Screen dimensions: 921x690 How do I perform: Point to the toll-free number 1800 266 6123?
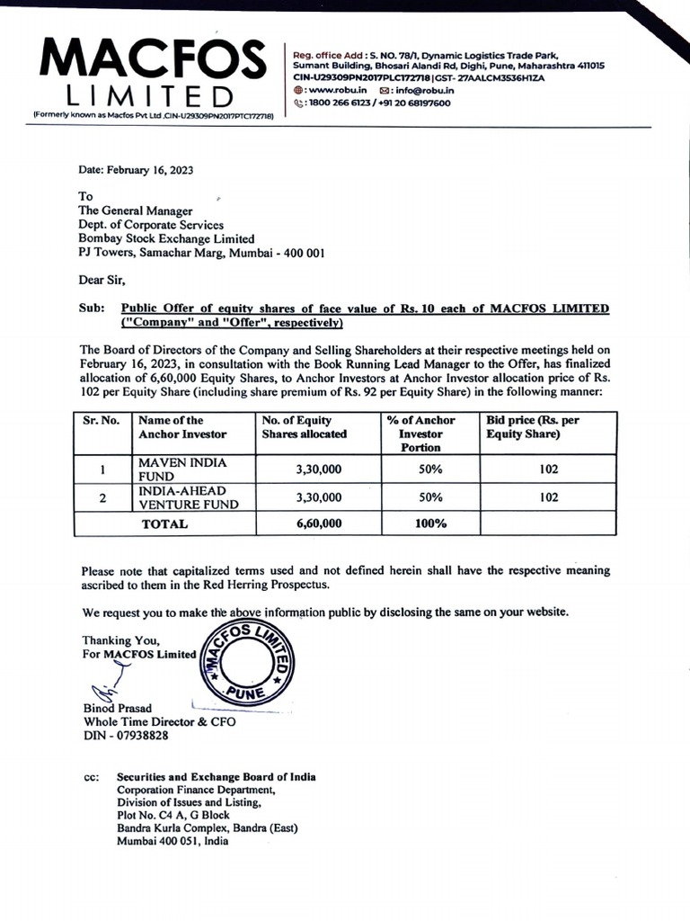[x=341, y=103]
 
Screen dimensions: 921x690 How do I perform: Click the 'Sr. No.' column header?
[x=102, y=420]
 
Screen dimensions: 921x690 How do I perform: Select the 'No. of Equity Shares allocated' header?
[x=304, y=427]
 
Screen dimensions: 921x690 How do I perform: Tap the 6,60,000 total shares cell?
[x=318, y=523]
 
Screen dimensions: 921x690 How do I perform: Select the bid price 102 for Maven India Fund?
[x=549, y=469]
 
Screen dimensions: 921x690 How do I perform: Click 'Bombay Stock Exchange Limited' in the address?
[x=166, y=239]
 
